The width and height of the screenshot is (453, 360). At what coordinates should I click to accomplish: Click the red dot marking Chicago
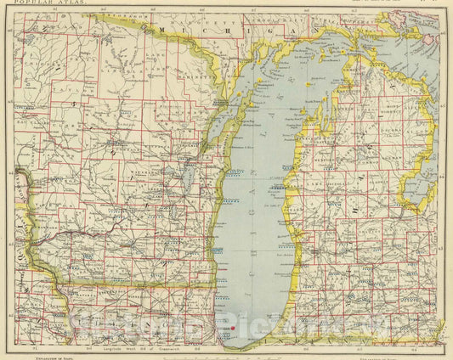(233, 328)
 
